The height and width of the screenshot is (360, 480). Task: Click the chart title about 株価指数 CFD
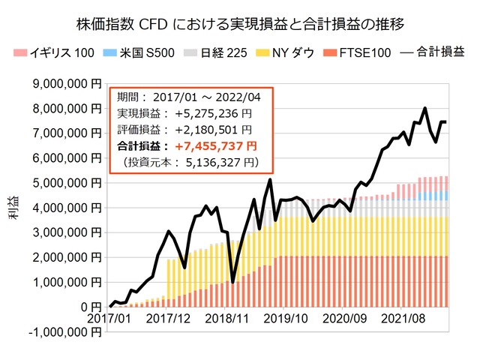point(241,24)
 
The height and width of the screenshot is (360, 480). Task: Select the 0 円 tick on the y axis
point(91,307)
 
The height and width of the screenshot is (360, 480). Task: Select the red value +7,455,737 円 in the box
point(217,146)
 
